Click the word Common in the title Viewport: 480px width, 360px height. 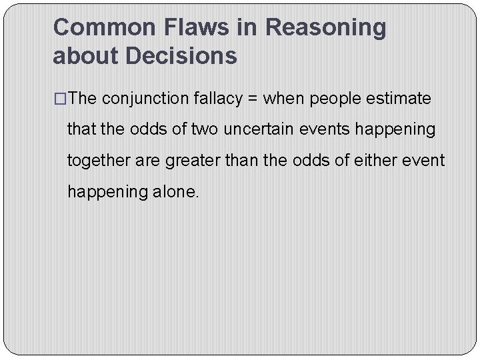pyautogui.click(x=103, y=27)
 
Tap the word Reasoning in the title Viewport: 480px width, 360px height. pyautogui.click(x=325, y=27)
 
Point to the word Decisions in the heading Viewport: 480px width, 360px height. pyautogui.click(x=181, y=56)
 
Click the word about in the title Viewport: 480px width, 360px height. pyautogui.click(x=86, y=56)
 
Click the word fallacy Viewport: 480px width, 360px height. pyautogui.click(x=217, y=99)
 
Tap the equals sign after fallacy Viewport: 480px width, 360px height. pyautogui.click(x=253, y=99)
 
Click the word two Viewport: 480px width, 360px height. pyautogui.click(x=205, y=129)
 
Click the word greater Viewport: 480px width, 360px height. pyautogui.click(x=189, y=161)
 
